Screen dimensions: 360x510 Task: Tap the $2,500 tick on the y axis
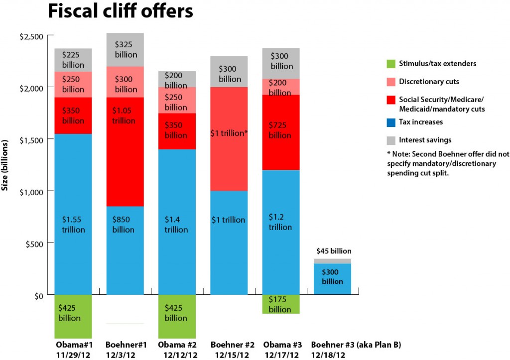[31, 36]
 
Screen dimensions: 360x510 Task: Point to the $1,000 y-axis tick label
[31, 191]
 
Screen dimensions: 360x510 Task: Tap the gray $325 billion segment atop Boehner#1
[125, 50]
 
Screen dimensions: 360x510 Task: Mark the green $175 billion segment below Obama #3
[281, 304]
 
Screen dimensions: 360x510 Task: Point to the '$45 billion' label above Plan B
[333, 251]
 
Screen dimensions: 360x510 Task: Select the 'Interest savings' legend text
[425, 140]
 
